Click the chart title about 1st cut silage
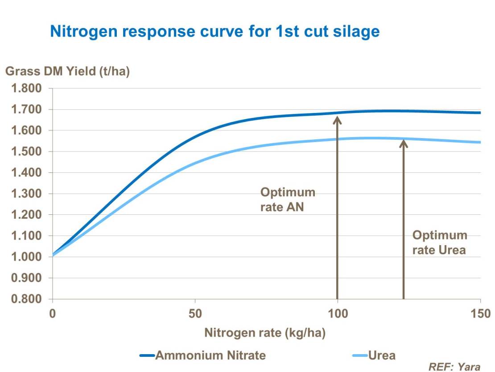[214, 32]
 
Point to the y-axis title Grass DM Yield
[67, 71]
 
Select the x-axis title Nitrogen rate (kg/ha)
[265, 333]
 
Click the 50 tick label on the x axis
[195, 313]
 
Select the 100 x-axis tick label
[338, 313]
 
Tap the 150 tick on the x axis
[479, 313]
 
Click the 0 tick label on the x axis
[53, 313]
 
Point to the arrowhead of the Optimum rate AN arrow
[337, 120]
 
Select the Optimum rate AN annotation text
[288, 200]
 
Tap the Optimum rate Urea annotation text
[440, 242]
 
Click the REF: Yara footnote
[454, 367]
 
